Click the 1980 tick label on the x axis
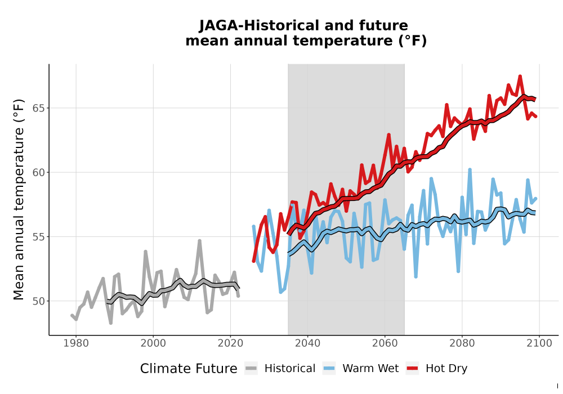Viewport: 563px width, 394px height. [x=76, y=343]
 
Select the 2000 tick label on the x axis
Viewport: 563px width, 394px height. [x=153, y=343]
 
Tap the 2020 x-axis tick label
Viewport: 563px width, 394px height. [x=230, y=343]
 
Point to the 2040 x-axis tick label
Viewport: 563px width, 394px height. [x=308, y=343]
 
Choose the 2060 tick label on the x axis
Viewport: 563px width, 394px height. [x=385, y=343]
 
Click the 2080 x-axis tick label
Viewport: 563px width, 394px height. [x=462, y=343]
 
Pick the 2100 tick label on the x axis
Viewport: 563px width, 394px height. [x=539, y=343]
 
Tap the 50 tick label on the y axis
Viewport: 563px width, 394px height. [x=39, y=301]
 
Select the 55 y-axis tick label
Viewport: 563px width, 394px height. [x=39, y=237]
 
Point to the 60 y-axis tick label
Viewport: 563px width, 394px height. [x=39, y=173]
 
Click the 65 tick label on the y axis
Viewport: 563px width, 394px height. [x=39, y=108]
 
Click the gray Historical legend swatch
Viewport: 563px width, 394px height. [x=251, y=369]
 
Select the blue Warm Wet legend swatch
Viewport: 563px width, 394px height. [x=329, y=369]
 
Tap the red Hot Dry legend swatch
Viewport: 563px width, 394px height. [x=413, y=369]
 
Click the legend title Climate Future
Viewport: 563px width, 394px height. [x=189, y=369]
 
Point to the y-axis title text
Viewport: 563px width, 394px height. [x=19, y=199]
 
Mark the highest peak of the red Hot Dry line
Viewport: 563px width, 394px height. [x=520, y=76]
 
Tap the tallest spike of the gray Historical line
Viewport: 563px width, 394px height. [x=200, y=241]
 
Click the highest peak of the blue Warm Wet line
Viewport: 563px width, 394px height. [x=470, y=169]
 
